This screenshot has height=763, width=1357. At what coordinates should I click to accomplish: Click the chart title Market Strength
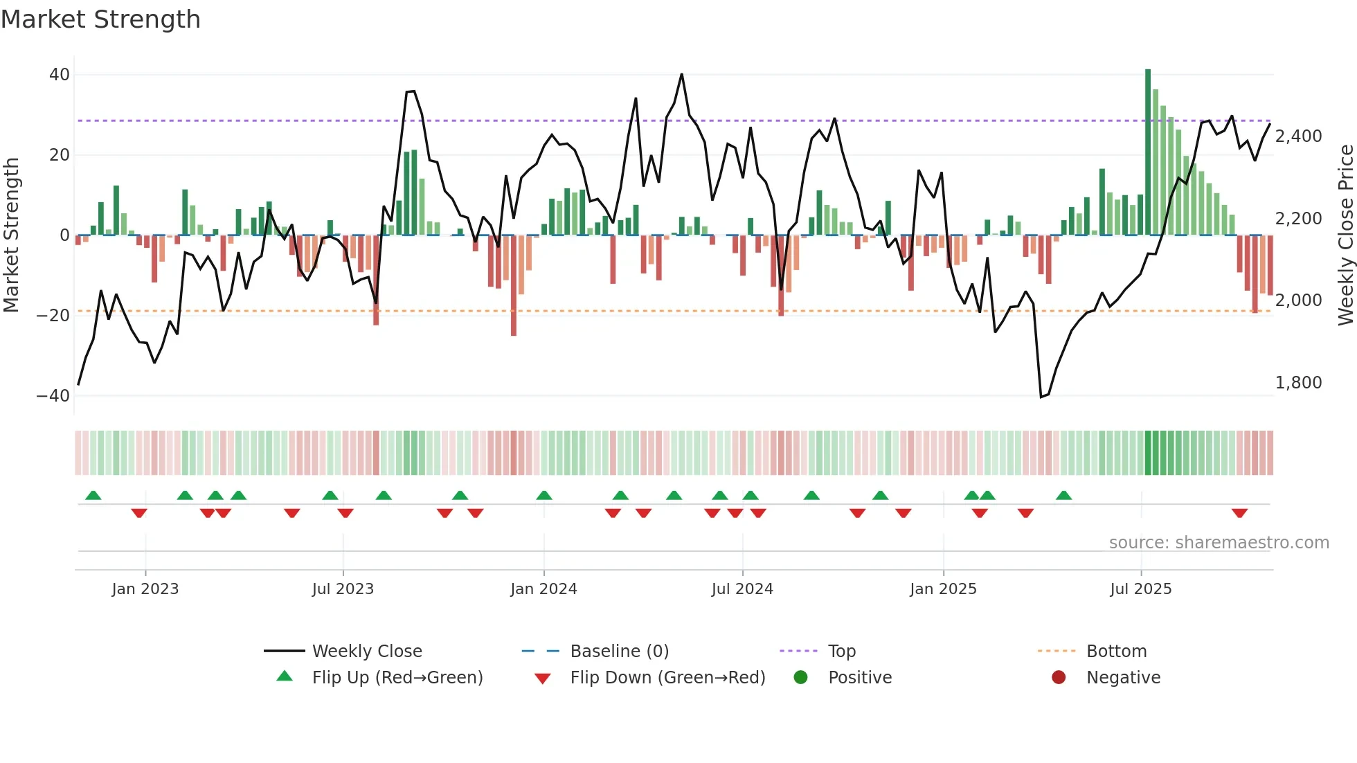100,19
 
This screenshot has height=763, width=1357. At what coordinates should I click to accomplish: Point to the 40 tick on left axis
60,75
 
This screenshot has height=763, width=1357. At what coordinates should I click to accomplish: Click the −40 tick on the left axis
53,396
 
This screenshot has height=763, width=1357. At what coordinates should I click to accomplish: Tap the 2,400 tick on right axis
1298,136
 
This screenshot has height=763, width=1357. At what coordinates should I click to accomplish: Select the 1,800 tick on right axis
1298,383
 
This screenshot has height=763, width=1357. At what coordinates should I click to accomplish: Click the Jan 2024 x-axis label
543,589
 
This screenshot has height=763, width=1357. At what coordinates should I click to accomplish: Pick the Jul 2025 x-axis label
1140,589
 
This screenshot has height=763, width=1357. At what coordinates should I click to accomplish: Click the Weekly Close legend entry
366,652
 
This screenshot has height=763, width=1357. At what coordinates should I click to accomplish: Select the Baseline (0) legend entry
619,652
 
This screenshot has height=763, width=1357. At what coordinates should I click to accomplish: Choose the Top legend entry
841,652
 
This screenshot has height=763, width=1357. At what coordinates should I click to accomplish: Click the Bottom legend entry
1116,652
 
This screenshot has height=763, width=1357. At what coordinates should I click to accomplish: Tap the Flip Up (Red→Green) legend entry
397,678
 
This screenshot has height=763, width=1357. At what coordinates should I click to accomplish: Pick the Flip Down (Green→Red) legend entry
667,678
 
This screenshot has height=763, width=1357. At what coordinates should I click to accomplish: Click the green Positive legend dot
801,678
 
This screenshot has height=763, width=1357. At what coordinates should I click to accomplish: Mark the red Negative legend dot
1059,678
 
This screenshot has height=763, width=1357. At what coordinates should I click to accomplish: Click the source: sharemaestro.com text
1219,543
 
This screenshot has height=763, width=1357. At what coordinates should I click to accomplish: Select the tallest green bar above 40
1148,152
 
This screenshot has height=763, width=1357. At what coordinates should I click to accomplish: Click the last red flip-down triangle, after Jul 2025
1239,513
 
